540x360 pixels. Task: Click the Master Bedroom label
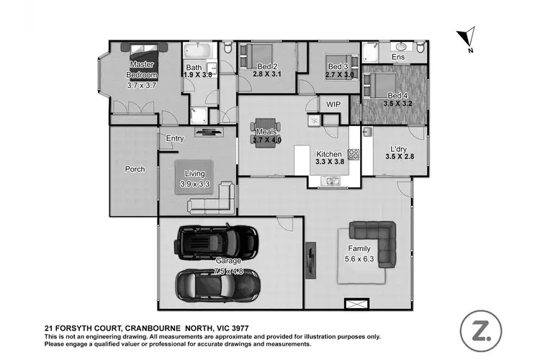pyautogui.click(x=141, y=70)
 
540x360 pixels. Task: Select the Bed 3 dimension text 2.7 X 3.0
pyautogui.click(x=339, y=74)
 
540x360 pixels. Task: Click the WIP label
pyautogui.click(x=333, y=104)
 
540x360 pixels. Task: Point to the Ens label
pyautogui.click(x=397, y=58)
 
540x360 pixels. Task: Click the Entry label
pyautogui.click(x=175, y=138)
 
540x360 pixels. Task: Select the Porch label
pyautogui.click(x=135, y=169)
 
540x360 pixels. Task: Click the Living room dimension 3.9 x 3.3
pyautogui.click(x=194, y=184)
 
